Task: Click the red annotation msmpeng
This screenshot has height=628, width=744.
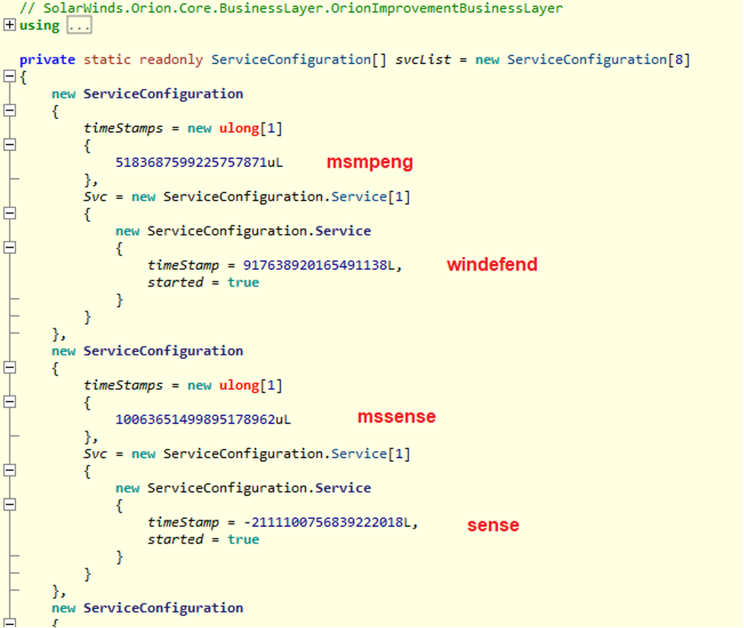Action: [x=369, y=163]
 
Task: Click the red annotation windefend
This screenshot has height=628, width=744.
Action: [x=492, y=264]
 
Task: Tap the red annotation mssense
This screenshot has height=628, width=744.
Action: [x=397, y=417]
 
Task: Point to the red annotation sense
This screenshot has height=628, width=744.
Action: [x=493, y=525]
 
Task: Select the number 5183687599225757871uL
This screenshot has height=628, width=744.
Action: [x=199, y=162]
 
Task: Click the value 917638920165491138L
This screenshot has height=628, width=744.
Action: [x=319, y=265]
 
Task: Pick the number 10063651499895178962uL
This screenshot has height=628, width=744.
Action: [x=203, y=419]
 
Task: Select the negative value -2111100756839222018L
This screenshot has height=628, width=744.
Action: [x=327, y=523]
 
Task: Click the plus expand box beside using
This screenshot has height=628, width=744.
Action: [x=9, y=24]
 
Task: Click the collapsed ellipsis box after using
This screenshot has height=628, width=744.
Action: [x=79, y=25]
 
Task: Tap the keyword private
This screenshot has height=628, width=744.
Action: [x=47, y=60]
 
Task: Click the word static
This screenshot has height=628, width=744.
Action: [x=107, y=59]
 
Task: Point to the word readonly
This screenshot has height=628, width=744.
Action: [x=171, y=60]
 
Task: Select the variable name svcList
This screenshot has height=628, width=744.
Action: [x=423, y=59]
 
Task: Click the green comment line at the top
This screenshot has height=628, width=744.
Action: [x=291, y=8]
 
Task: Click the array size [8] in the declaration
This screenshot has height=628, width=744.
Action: [x=679, y=60]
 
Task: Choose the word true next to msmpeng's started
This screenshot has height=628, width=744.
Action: [x=244, y=282]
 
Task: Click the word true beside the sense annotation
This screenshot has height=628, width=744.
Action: [x=244, y=539]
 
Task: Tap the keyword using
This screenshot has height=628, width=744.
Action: [x=40, y=26]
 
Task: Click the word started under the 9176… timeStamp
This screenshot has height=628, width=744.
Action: [x=175, y=282]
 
